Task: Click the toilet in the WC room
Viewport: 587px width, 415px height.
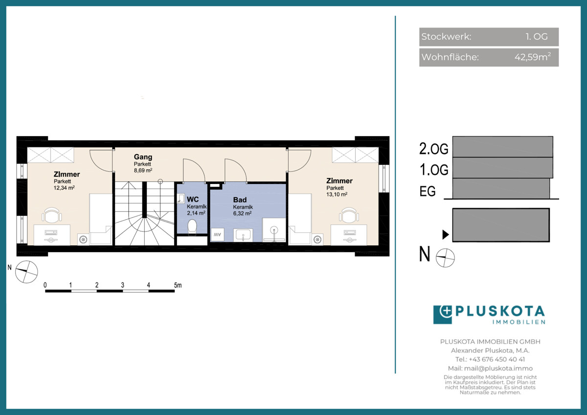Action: coord(192,227)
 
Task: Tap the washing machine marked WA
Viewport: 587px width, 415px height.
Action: coord(217,234)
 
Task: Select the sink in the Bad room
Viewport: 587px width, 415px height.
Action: coord(243,234)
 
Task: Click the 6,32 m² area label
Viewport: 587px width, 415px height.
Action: coord(243,213)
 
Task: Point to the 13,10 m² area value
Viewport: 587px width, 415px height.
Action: coord(337,194)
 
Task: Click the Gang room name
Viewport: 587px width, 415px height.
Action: coord(143,157)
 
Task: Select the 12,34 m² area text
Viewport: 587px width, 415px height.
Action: coord(64,188)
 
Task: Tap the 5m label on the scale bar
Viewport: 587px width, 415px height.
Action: coord(178,285)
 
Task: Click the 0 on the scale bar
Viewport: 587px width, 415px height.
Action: coord(45,285)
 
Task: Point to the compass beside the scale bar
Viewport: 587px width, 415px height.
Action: coord(26,272)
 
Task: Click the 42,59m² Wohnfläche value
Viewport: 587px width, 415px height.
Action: coord(533,57)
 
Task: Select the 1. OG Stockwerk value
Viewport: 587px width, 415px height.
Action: coord(537,36)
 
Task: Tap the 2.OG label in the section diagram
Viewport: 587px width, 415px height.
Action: coord(434,149)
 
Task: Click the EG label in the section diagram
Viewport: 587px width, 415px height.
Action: coord(428,191)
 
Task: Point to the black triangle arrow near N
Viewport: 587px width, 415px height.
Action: coord(446,234)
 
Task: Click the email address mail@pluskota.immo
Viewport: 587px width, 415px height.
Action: coord(498,369)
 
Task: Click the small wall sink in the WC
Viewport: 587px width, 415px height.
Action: coord(181,198)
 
